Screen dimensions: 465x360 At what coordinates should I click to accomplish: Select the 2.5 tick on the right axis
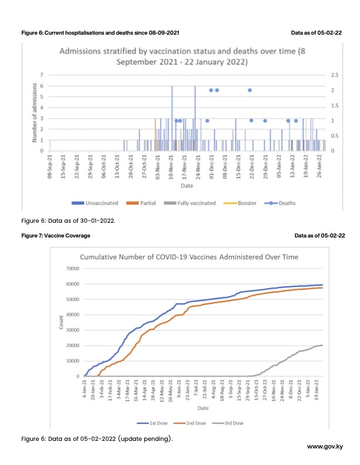(336, 75)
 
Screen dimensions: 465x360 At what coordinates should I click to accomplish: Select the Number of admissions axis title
(35, 113)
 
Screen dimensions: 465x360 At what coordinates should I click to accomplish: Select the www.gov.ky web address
(325, 447)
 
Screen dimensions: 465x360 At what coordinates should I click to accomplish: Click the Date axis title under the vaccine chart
(202, 407)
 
